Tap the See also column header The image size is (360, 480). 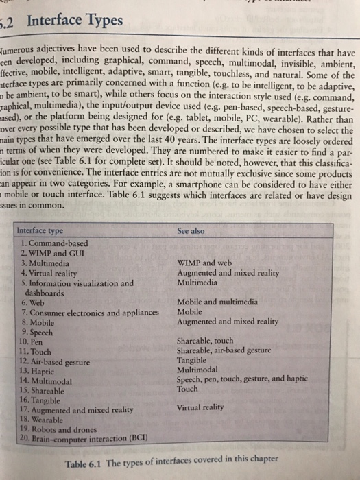191,231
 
